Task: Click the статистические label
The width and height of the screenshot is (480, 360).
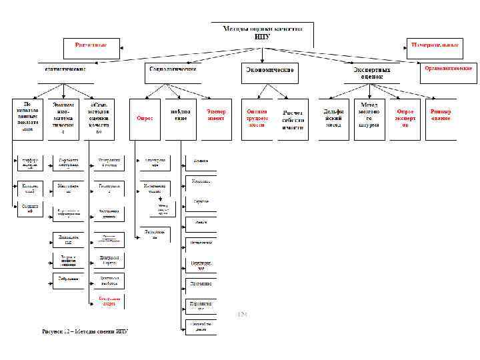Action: click(x=65, y=69)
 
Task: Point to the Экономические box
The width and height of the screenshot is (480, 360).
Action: click(x=269, y=69)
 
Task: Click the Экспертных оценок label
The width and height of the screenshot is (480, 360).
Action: click(x=373, y=72)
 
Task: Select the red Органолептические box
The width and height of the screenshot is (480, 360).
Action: click(x=449, y=68)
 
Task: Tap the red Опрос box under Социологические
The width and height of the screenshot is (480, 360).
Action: click(x=145, y=118)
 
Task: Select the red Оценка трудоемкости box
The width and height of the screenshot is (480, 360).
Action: click(x=257, y=118)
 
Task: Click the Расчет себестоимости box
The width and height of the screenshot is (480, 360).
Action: click(x=293, y=120)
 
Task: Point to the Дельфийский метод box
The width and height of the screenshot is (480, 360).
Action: click(x=333, y=118)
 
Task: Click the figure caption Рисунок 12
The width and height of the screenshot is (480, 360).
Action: click(x=84, y=331)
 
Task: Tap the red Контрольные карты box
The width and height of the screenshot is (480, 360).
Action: click(x=109, y=300)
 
